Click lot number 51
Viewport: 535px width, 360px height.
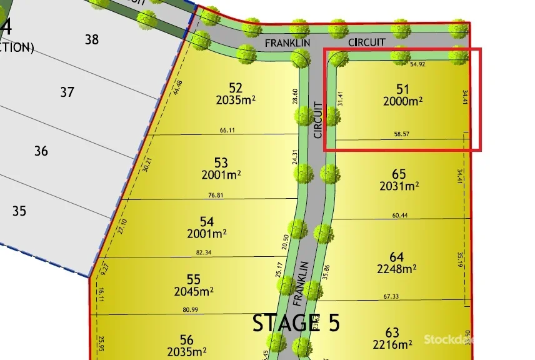point(402,89)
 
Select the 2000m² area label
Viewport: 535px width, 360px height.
point(402,101)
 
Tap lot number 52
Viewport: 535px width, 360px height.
point(235,88)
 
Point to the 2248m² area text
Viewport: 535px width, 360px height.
point(396,269)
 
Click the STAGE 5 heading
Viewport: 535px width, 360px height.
point(296,323)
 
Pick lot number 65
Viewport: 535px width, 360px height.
point(399,174)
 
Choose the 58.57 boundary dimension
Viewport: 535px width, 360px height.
point(401,134)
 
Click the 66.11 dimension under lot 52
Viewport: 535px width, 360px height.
point(227,130)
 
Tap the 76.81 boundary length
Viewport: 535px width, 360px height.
point(215,195)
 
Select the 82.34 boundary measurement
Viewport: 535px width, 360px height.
point(204,252)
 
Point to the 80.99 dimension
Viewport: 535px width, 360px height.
point(190,309)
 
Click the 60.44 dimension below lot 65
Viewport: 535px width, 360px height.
point(400,215)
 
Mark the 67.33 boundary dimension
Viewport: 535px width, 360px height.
point(391,296)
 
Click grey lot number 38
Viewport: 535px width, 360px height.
point(92,39)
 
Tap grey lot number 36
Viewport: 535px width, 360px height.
point(41,151)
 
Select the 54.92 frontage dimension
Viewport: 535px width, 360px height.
point(417,64)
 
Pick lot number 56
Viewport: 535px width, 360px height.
point(186,340)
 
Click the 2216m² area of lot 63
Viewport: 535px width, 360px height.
point(392,344)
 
